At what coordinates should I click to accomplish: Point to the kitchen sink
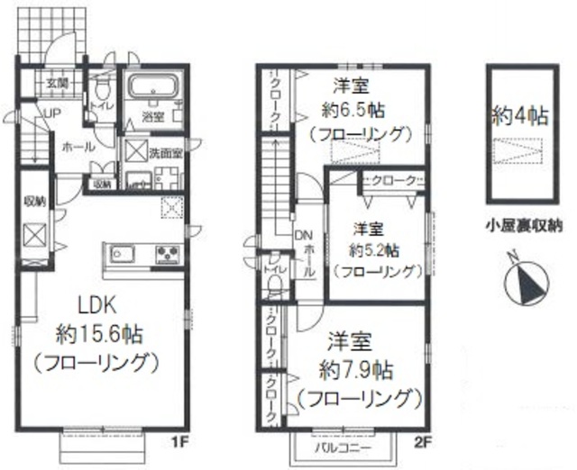pos(124,252)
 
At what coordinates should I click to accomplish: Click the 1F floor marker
pos(178,442)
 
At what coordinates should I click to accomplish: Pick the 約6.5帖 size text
pos(353,112)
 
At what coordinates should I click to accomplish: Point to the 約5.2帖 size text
pos(376,247)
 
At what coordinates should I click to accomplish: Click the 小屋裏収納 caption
pos(520,225)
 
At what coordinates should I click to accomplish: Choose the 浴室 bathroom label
pos(153,117)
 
